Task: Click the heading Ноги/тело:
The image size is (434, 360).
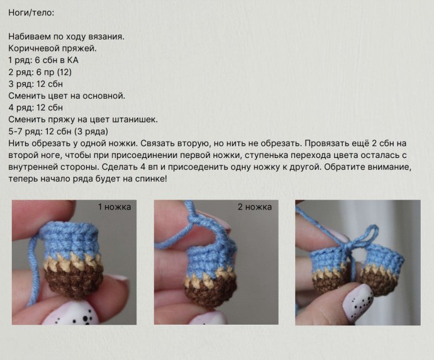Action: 31,13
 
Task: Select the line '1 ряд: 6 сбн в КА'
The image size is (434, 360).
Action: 43,60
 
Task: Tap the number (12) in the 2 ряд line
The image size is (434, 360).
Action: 64,72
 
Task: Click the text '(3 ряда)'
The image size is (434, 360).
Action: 91,132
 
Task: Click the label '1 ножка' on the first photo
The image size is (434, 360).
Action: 114,207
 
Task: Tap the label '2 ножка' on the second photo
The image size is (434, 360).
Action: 255,207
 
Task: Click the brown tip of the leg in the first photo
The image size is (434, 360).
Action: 73,284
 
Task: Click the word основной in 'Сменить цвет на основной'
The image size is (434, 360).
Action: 106,96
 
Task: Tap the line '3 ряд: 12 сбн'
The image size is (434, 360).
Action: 35,84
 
